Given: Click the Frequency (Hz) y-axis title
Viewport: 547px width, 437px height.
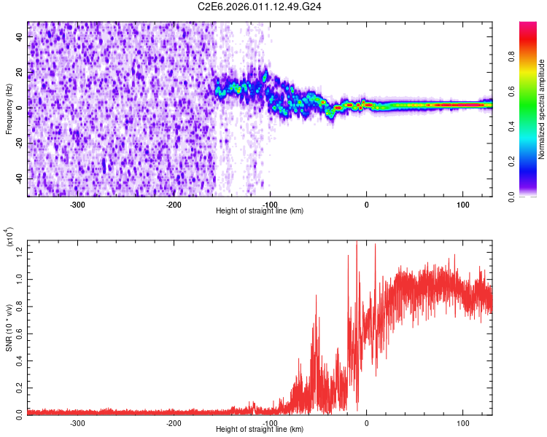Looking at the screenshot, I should click(x=9, y=109).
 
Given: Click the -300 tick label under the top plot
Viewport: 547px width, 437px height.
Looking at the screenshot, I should click(x=77, y=204).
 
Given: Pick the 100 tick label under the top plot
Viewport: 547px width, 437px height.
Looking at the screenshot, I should click(x=462, y=204).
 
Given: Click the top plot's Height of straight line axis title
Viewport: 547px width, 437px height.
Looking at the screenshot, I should click(x=260, y=211).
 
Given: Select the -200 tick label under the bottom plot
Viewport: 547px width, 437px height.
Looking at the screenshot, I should click(x=174, y=422).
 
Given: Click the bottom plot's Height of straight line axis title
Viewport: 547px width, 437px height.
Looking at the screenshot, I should click(x=260, y=430).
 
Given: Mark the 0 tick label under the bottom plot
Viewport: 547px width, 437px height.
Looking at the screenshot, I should click(x=366, y=422).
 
